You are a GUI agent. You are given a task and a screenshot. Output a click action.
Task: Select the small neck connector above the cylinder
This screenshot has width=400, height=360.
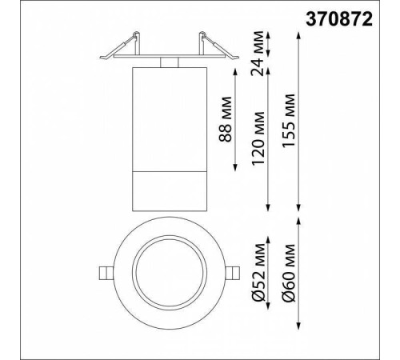pyautogui.click(x=168, y=62)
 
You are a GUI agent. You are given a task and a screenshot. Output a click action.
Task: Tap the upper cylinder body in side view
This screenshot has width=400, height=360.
pyautogui.click(x=168, y=116)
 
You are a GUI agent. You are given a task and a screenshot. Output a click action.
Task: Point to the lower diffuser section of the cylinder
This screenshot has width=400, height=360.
pyautogui.click(x=168, y=189)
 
